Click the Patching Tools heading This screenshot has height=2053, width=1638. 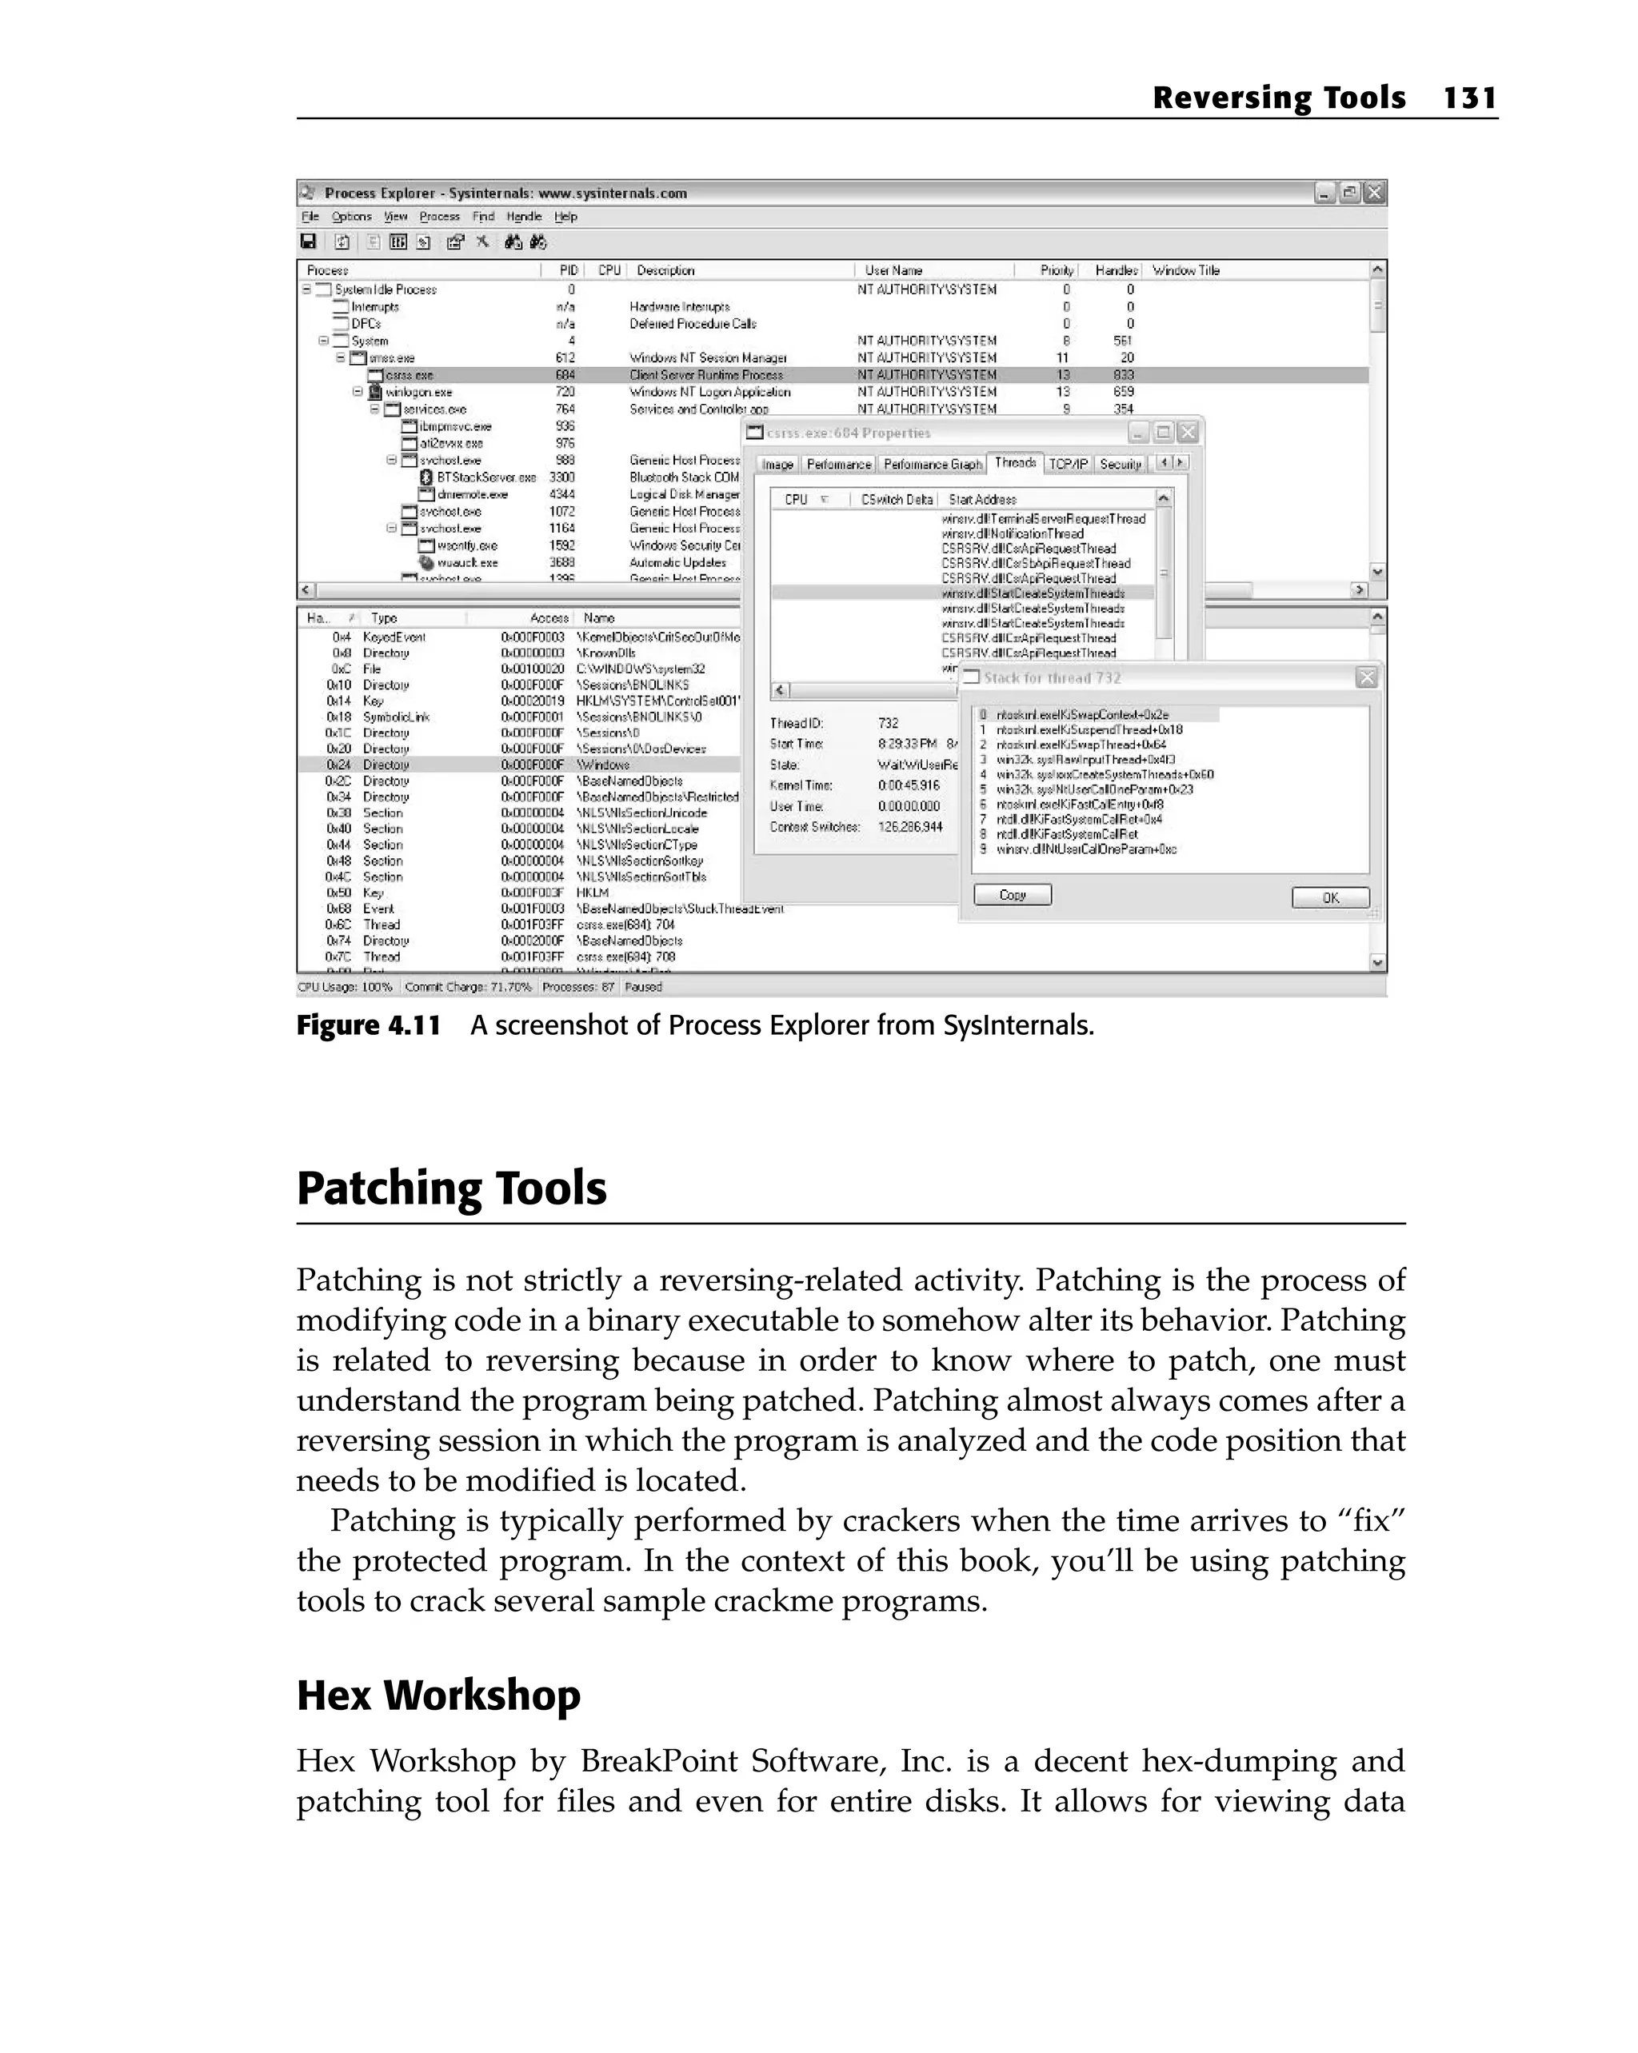click(451, 1188)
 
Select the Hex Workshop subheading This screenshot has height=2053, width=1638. click(438, 1696)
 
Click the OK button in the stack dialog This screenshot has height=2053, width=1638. click(1329, 897)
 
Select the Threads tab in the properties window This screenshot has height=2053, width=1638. click(1014, 463)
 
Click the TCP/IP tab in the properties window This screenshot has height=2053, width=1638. click(1068, 464)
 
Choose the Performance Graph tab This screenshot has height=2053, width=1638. click(932, 464)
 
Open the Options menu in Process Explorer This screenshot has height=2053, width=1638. click(351, 216)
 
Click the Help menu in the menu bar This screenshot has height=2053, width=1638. click(565, 216)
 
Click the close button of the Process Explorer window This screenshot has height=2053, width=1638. click(1373, 194)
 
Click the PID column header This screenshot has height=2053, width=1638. click(569, 270)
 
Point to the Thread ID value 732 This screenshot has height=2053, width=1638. click(888, 723)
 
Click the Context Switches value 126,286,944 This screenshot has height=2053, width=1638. click(909, 826)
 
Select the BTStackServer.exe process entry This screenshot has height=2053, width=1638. click(485, 477)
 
